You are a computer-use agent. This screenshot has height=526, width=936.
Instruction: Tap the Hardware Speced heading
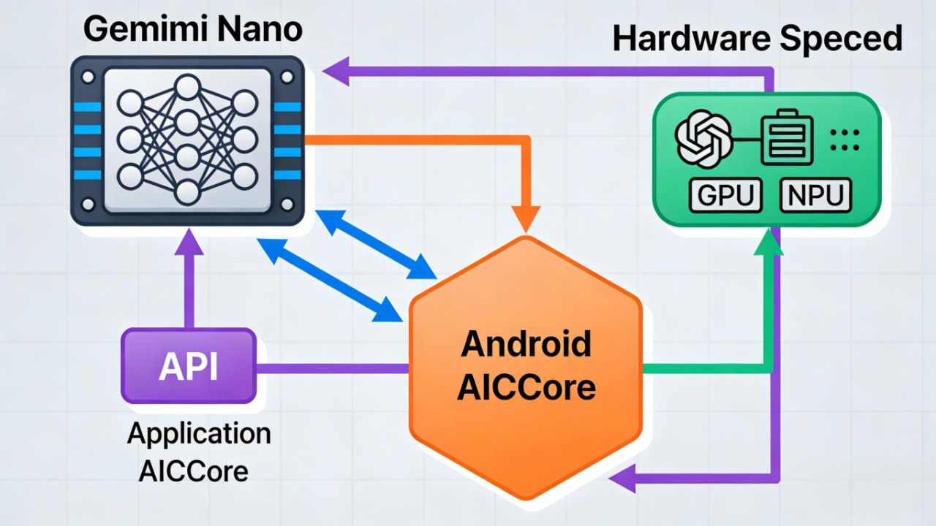tap(757, 38)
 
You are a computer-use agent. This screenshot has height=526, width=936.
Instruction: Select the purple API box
tap(189, 366)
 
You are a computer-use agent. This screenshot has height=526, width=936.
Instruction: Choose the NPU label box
tap(816, 195)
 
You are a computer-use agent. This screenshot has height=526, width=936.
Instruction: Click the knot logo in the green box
tap(703, 138)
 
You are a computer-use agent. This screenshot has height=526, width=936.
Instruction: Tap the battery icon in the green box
tap(787, 138)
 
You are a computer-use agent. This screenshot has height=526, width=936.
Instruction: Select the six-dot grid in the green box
tap(845, 139)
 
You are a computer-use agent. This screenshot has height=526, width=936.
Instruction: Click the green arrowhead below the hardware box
tap(767, 243)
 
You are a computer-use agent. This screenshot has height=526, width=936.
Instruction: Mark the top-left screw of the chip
tap(88, 76)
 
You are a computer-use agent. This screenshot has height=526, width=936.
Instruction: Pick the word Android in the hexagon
tap(525, 343)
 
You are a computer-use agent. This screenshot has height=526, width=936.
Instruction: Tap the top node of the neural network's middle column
tap(187, 88)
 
